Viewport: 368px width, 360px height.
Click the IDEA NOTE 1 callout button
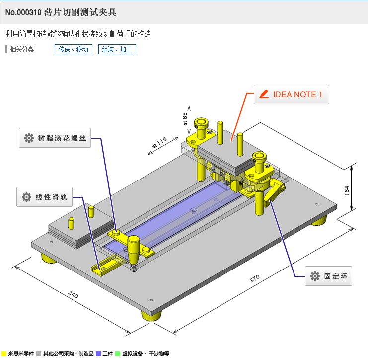(x=291, y=94)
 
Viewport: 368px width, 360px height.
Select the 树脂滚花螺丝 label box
(x=55, y=138)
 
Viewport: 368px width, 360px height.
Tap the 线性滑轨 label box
(x=44, y=197)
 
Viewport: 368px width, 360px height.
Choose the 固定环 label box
(x=328, y=276)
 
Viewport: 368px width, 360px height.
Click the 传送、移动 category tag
(x=74, y=49)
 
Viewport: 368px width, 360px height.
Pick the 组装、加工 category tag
(x=117, y=49)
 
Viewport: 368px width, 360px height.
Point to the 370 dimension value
(x=255, y=278)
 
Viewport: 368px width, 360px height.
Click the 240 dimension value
(x=73, y=294)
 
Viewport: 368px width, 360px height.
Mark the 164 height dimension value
(x=347, y=190)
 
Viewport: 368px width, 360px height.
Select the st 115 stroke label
(x=159, y=142)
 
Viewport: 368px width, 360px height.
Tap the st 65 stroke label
(x=185, y=119)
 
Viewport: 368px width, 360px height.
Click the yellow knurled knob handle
(x=133, y=249)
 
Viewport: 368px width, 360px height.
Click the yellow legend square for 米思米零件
(x=4, y=354)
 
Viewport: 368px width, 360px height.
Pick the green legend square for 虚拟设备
(x=118, y=354)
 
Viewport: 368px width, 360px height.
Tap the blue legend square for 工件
(x=98, y=354)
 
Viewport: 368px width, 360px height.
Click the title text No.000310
(x=23, y=12)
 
